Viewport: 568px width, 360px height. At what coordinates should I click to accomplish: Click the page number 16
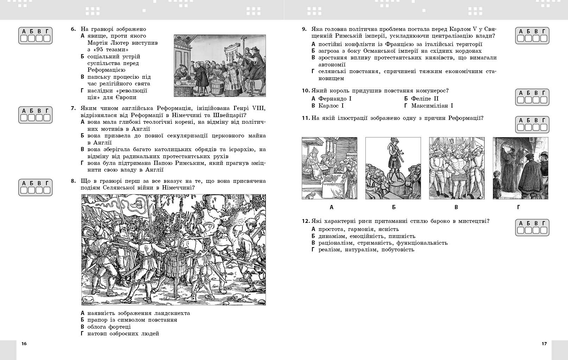click(24, 343)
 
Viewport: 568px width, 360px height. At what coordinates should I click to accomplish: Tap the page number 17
click(544, 343)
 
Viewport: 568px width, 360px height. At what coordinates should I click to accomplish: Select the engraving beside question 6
click(220, 66)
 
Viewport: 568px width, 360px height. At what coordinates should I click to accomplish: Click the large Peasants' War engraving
click(173, 250)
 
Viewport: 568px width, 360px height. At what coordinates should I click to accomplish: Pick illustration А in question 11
click(329, 168)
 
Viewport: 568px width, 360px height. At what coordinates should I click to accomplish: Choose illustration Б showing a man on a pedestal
click(393, 168)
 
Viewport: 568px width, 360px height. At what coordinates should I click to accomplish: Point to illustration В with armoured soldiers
click(457, 168)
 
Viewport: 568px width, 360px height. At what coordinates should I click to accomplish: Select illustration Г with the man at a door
click(520, 168)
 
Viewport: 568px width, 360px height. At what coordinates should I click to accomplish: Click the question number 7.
click(73, 108)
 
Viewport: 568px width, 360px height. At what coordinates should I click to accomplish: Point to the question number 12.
click(305, 221)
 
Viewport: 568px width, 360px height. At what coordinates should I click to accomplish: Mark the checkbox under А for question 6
click(24, 38)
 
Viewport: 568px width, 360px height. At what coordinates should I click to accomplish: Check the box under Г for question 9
click(544, 38)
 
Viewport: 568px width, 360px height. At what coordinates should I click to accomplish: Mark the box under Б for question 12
click(529, 230)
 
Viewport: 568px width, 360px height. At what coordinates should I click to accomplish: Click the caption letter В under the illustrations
click(456, 207)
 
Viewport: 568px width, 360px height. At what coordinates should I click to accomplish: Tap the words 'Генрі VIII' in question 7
click(251, 108)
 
